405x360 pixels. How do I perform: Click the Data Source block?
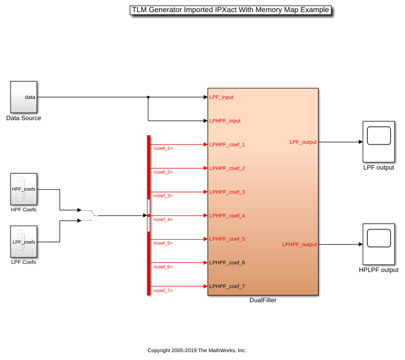pos(24,97)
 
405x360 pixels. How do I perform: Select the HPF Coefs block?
pos(24,189)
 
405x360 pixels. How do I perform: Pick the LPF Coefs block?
pos(24,242)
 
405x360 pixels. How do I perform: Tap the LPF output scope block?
pos(379,142)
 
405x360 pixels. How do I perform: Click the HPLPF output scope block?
pos(379,244)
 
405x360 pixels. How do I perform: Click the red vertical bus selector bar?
pos(148,215)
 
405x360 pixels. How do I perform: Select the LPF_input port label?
pos(221,97)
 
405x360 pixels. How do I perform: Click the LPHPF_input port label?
pos(225,121)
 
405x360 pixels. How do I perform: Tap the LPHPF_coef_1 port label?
pos(227,145)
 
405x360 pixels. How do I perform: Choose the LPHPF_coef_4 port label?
pos(227,216)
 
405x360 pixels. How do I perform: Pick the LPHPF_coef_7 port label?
pos(227,286)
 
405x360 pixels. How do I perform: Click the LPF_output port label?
pos(303,142)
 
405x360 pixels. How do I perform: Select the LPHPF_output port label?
pos(299,244)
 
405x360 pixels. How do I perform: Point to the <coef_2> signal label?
pos(163,172)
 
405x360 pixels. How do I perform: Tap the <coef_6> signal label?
pos(163,267)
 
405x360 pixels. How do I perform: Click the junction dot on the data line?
pos(148,97)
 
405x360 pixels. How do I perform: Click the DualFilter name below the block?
pos(263,300)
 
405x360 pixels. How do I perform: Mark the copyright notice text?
pos(197,351)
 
